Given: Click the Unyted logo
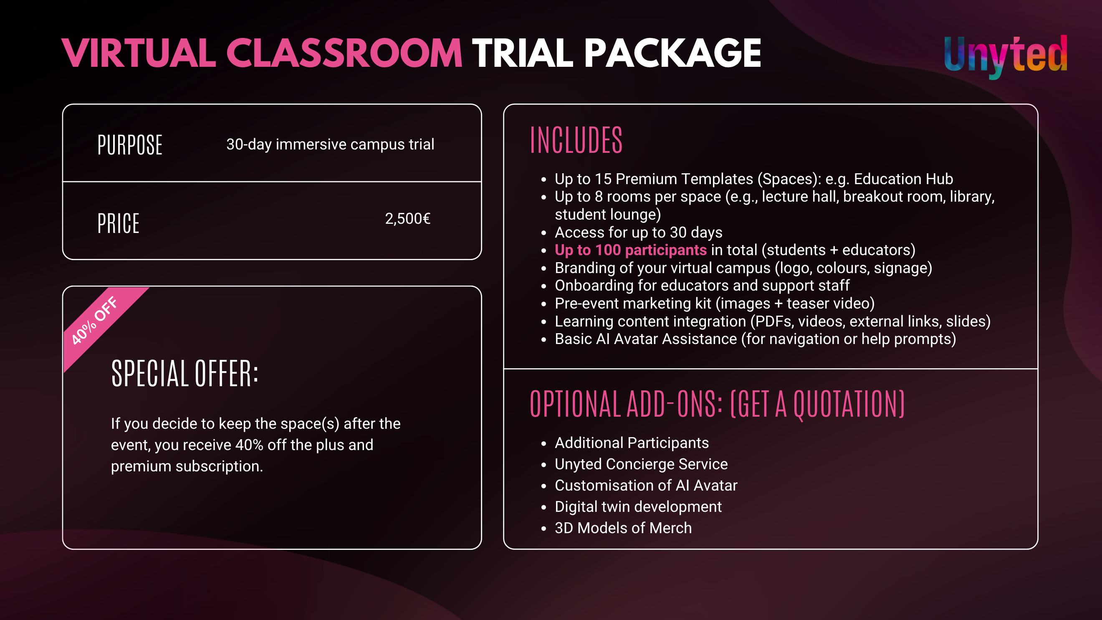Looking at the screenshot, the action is coord(1005,56).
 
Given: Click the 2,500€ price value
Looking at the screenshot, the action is coord(408,219).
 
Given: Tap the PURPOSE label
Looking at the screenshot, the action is coord(130,144).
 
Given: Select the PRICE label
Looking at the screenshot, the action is coord(119,223).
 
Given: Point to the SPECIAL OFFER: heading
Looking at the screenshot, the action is coord(185,373).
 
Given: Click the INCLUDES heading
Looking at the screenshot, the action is coord(576,140).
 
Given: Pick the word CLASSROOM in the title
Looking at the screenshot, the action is coord(344,53).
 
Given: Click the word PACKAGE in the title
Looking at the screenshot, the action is coord(672,53).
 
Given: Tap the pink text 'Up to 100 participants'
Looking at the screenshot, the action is coord(631,250).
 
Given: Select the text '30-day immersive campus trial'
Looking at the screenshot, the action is coord(330,144).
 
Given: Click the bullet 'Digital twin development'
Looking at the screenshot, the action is coord(638,506).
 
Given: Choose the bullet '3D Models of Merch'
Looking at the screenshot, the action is coord(623,528).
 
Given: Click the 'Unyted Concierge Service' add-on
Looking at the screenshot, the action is coord(641,464).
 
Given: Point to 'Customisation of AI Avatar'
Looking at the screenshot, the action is coord(646,486).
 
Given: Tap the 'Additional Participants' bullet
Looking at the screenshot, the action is coord(632,443).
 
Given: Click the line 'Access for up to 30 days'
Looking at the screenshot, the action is coord(639,232).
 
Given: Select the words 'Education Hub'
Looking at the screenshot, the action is coord(903,179).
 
